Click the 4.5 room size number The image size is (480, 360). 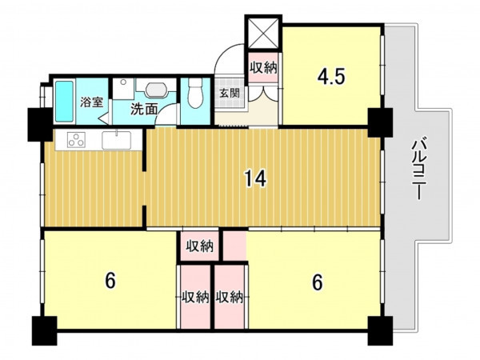[x=331, y=76]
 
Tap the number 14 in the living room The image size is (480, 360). [x=255, y=178]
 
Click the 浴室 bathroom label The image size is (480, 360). [x=91, y=102]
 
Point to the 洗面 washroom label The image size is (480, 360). [x=144, y=109]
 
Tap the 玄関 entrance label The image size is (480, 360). [x=230, y=93]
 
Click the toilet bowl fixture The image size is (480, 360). [x=195, y=93]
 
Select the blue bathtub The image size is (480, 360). [x=65, y=102]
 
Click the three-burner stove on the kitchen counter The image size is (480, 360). [x=77, y=139]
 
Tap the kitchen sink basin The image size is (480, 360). [x=117, y=140]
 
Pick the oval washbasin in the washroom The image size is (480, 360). [x=157, y=90]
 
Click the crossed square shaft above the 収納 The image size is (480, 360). [x=263, y=33]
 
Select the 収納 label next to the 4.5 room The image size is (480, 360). [x=263, y=68]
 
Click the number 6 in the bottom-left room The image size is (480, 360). [x=110, y=281]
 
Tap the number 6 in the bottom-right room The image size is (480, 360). [x=318, y=282]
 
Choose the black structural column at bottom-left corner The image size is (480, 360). [x=44, y=330]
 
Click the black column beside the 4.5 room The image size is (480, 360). [x=380, y=122]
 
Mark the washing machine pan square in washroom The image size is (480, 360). [x=123, y=89]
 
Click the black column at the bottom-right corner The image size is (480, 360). [x=380, y=330]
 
